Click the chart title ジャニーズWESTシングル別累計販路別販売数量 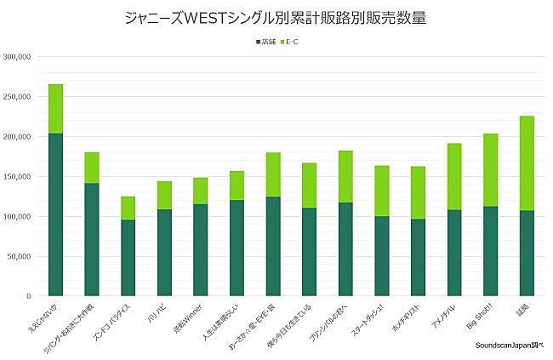(x=276, y=18)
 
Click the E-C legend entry (x=291, y=41)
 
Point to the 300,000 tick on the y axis (x=18, y=57)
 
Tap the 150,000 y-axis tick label (x=18, y=177)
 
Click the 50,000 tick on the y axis (x=20, y=256)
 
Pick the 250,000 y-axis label (x=18, y=97)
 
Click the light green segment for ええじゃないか (x=55, y=109)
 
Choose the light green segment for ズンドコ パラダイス (x=128, y=208)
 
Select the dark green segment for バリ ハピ (x=164, y=253)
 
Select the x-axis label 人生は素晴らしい (x=222, y=319)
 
